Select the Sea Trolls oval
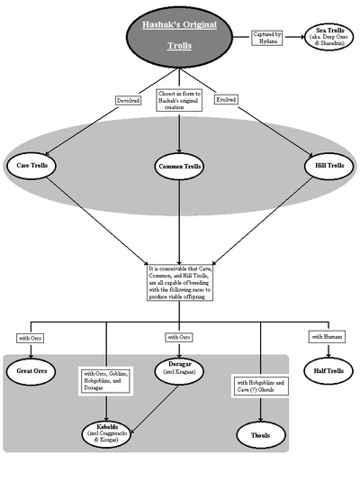click(x=324, y=39)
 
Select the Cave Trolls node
click(x=37, y=166)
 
